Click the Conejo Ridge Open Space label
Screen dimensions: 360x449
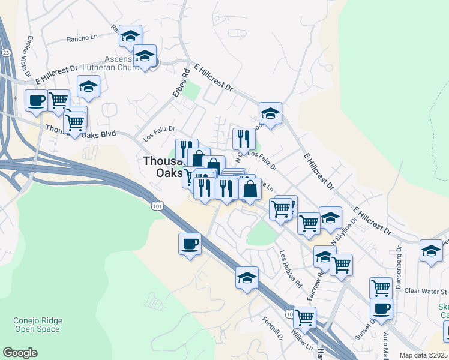coord(37,325)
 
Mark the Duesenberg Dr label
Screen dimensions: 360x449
coord(399,258)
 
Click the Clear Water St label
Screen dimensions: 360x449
coord(426,291)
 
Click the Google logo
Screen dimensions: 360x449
coord(20,352)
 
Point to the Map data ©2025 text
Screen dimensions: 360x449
coord(423,355)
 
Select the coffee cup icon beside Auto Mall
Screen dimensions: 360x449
coord(381,309)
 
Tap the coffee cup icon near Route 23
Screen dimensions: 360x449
coord(37,100)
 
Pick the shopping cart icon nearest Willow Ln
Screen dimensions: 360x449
coord(304,317)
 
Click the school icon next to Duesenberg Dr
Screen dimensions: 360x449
coord(431,250)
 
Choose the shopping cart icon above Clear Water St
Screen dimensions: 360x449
coord(381,288)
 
